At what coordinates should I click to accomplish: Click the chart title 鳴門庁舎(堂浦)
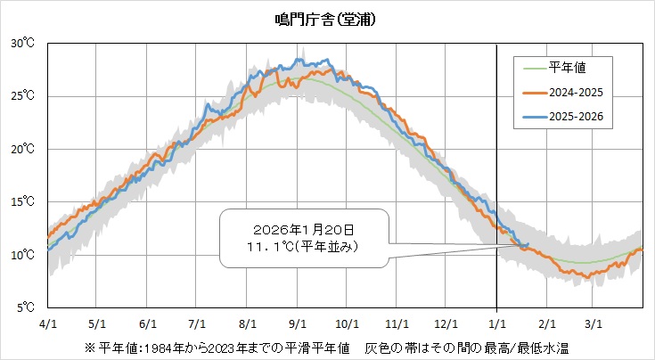tap(326, 19)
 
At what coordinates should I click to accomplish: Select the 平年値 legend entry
tap(567, 66)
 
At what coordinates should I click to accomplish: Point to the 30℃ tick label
tap(23, 43)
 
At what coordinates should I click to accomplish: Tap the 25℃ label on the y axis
tap(23, 96)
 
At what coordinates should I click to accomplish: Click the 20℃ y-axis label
tap(23, 149)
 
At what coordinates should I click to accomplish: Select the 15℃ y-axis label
tap(23, 202)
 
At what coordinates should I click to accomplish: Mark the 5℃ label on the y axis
tap(23, 308)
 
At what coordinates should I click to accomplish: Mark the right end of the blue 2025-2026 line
tap(528, 244)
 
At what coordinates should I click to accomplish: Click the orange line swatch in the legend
tap(531, 92)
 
